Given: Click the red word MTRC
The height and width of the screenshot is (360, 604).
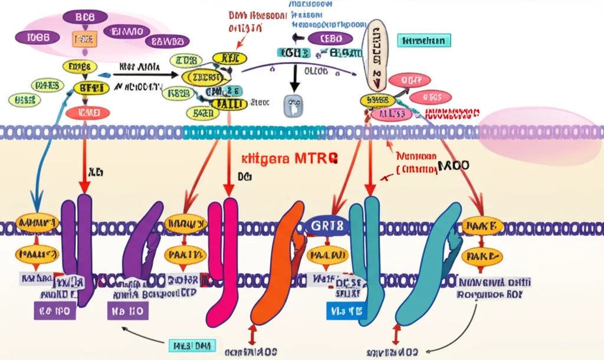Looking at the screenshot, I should tap(317, 158).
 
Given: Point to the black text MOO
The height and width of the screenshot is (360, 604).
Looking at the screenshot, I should tap(453, 166).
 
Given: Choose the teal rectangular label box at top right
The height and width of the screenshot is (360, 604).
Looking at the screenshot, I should tap(424, 40).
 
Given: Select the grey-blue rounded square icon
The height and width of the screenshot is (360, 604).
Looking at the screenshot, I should tap(293, 107).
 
